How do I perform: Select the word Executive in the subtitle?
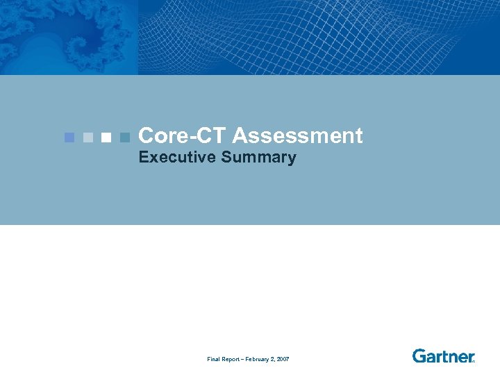[177, 158]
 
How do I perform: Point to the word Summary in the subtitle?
[259, 158]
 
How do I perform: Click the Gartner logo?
[443, 356]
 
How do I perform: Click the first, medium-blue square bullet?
[69, 137]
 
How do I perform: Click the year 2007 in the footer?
[283, 359]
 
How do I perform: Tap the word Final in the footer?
[214, 359]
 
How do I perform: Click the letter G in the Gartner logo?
[419, 356]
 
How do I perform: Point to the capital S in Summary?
[226, 158]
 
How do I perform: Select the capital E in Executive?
[143, 158]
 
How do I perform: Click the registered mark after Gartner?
[473, 361]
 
